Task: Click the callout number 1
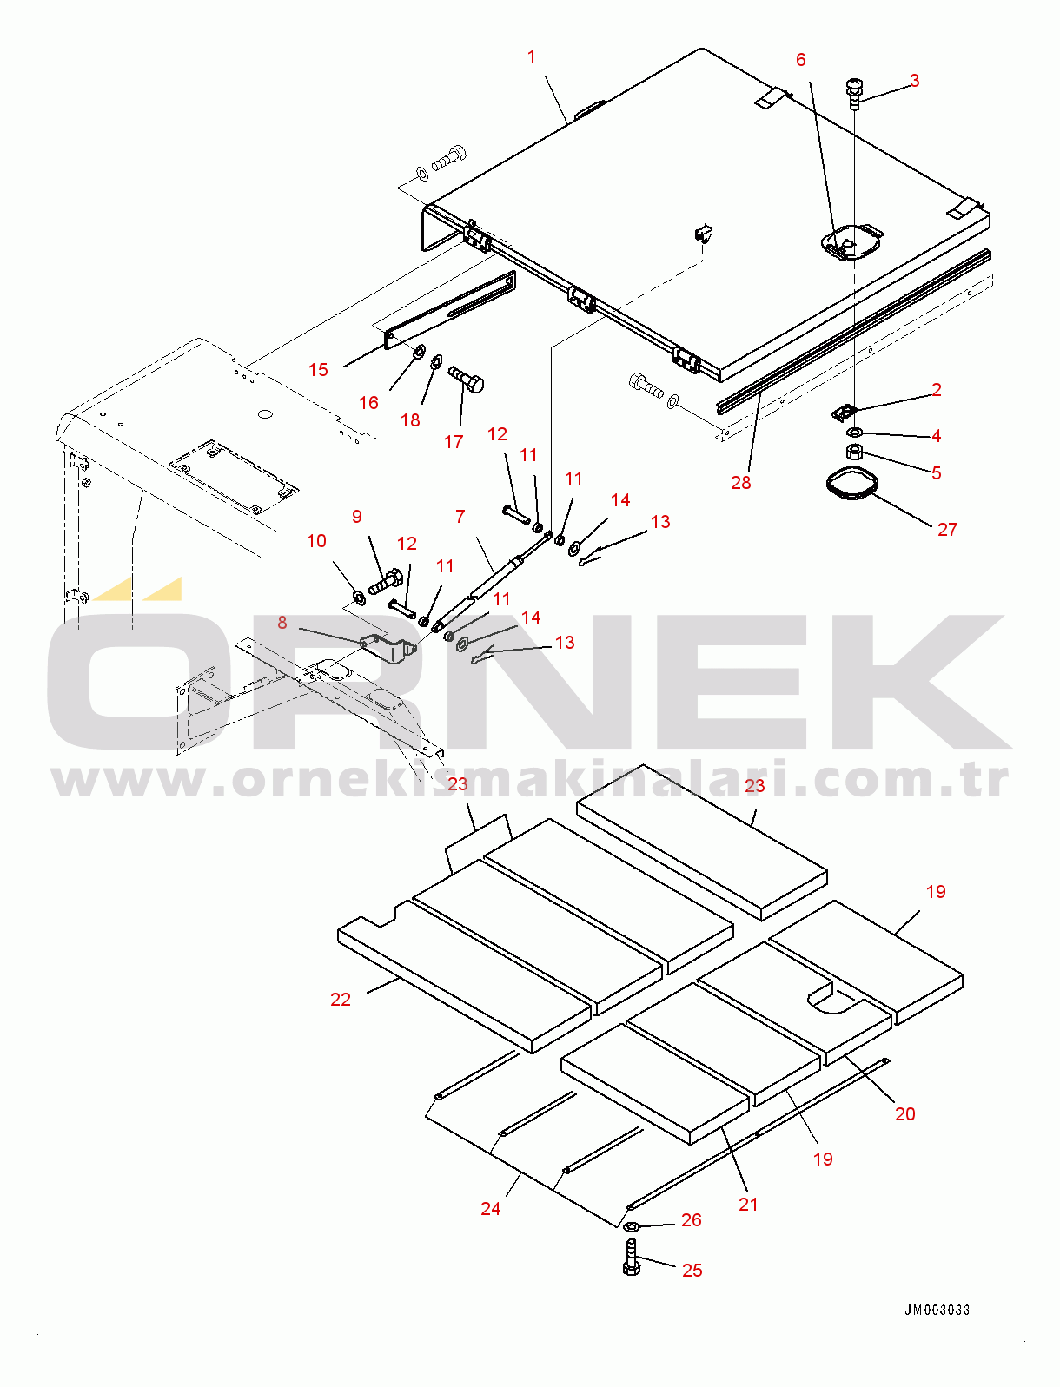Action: (x=532, y=56)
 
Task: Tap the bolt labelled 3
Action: (x=854, y=95)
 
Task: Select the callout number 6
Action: (x=801, y=60)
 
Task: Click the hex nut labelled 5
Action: (x=855, y=452)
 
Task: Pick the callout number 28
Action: (x=741, y=483)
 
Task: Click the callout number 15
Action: (x=318, y=370)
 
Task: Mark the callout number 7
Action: (x=460, y=517)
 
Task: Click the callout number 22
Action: (x=341, y=999)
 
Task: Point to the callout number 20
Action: (x=905, y=1113)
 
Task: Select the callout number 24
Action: (x=491, y=1208)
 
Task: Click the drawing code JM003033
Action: (x=937, y=1310)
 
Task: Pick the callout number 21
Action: (x=748, y=1205)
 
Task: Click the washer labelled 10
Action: (x=358, y=596)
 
